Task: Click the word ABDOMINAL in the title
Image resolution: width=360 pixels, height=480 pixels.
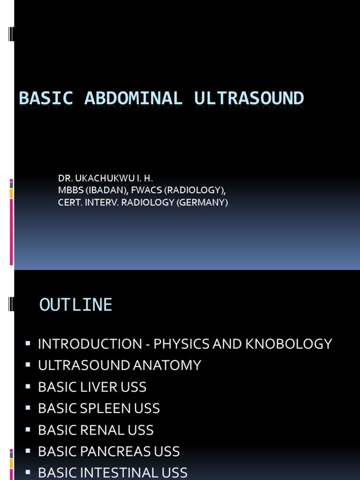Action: click(133, 98)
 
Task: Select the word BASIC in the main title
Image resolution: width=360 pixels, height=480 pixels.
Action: click(46, 98)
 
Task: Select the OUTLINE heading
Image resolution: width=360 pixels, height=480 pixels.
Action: click(76, 305)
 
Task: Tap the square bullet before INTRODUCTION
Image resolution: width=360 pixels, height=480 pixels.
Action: click(29, 344)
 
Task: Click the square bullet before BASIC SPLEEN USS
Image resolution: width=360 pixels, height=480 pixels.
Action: click(29, 408)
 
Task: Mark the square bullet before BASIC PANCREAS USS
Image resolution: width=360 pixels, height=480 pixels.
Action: click(29, 451)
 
